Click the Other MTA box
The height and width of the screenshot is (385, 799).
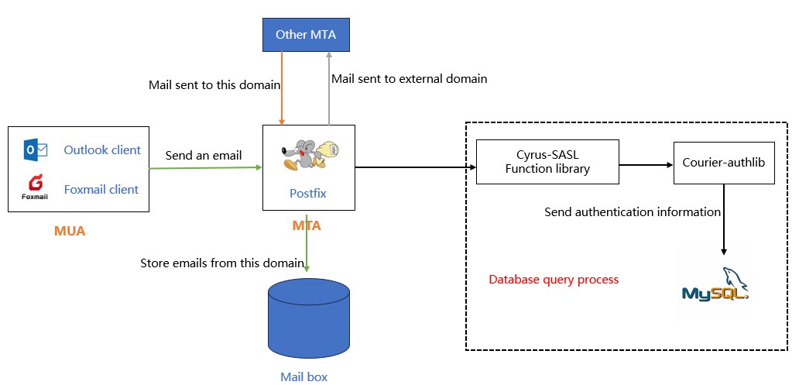tap(307, 35)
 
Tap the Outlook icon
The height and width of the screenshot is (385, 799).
tap(36, 150)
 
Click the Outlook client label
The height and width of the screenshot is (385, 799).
tap(102, 150)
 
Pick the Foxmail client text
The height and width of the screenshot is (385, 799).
tap(101, 189)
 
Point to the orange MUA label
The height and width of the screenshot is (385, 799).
tap(70, 230)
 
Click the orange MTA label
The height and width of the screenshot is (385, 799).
tap(307, 225)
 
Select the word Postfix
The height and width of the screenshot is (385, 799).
tap(309, 194)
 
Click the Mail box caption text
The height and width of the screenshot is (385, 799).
tap(303, 376)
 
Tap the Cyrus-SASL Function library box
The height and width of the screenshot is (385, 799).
tap(547, 162)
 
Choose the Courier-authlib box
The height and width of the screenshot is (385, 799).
tap(723, 163)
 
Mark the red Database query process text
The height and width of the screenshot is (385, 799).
tap(554, 279)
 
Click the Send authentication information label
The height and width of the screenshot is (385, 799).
tap(632, 211)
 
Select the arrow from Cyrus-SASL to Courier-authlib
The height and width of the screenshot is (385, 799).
tap(646, 164)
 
